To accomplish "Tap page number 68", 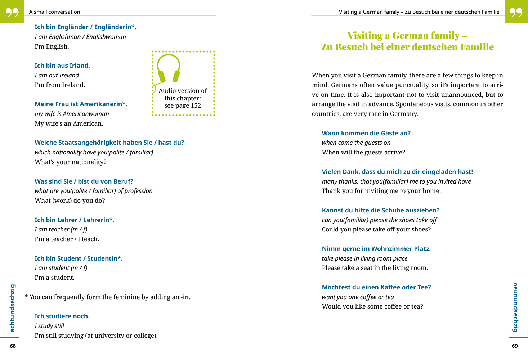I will coord(13,346).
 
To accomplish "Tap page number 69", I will coord(515,346).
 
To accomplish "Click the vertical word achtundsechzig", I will coord(13,308).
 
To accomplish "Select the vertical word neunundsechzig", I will coord(515,307).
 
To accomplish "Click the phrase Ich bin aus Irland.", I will coord(62,66).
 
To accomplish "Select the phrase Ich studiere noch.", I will coord(62,316).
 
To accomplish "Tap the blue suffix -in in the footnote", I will coord(185,297).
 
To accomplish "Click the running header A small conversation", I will coord(55,12).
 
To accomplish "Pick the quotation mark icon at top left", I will coord(12,12).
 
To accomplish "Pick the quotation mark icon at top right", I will coord(516,12).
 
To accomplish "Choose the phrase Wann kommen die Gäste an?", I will coord(366,133).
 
